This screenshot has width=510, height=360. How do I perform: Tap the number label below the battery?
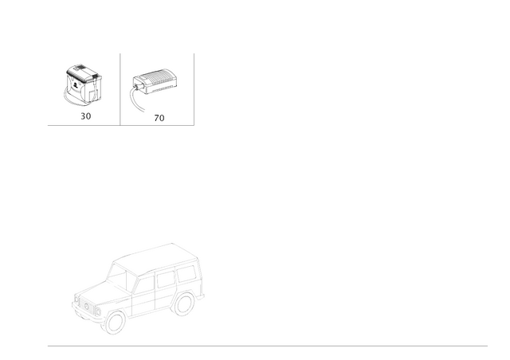coord(85,116)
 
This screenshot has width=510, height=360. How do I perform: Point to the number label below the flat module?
coord(159,117)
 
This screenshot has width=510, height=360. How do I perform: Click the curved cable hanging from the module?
coord(136,100)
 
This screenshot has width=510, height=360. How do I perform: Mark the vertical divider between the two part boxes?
coord(120,88)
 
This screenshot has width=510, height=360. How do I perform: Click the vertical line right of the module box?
coord(194,88)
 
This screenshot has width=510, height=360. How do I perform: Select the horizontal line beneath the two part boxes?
coord(120,125)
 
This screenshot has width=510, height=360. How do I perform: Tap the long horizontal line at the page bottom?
coord(267,346)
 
